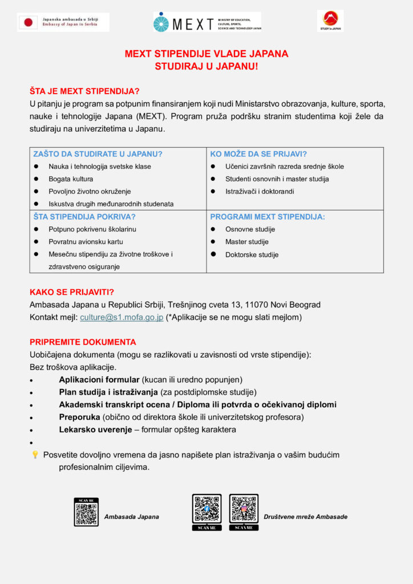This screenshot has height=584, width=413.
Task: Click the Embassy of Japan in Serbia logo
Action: (63, 22)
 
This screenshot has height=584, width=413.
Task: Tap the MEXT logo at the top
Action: (206, 22)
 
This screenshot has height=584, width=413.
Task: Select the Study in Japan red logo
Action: (330, 21)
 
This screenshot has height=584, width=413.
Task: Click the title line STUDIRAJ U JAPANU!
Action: (206, 66)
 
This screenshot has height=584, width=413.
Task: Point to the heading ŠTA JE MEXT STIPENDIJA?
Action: (84, 91)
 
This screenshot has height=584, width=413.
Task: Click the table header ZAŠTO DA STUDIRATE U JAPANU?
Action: (98, 154)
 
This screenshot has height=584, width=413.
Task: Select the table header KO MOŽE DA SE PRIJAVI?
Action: (258, 154)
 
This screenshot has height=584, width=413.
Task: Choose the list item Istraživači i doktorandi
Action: (260, 192)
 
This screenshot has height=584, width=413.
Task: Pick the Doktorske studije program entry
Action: (252, 255)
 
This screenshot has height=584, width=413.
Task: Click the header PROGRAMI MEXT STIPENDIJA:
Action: (268, 217)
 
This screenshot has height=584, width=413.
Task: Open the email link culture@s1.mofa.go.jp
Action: (122, 317)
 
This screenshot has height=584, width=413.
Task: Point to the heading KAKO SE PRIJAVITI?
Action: (72, 292)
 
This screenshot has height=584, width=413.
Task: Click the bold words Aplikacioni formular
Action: (99, 380)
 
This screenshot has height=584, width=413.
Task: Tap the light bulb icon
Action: (35, 455)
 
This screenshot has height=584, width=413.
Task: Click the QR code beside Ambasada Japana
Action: (86, 512)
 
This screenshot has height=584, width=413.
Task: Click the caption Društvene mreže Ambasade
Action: (305, 517)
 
